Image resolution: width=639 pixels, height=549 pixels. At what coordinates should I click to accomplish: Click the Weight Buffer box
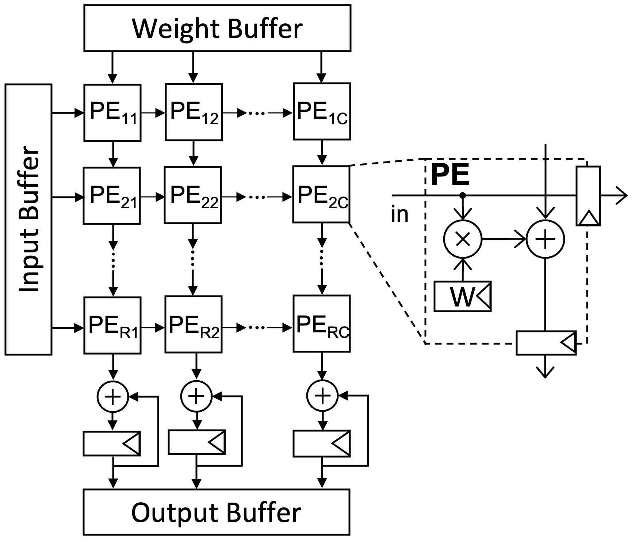pyautogui.click(x=217, y=28)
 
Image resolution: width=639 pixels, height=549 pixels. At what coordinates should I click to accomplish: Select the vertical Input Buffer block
pyautogui.click(x=28, y=219)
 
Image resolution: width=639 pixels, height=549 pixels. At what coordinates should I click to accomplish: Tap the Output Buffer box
pyautogui.click(x=217, y=512)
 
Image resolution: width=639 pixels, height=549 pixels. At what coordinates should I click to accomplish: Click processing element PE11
pyautogui.click(x=112, y=113)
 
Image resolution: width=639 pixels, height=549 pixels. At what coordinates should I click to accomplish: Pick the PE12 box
pyautogui.click(x=194, y=112)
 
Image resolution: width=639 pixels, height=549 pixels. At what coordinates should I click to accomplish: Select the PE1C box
pyautogui.click(x=322, y=111)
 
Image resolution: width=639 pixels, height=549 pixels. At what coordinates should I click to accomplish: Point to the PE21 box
pyautogui.click(x=112, y=196)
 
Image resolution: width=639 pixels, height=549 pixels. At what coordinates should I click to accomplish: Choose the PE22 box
pyautogui.click(x=193, y=195)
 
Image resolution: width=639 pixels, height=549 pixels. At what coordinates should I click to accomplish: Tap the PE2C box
pyautogui.click(x=321, y=194)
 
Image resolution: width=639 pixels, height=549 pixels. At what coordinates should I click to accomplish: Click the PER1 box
pyautogui.click(x=112, y=325)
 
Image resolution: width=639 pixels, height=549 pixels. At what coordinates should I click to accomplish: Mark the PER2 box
pyautogui.click(x=194, y=324)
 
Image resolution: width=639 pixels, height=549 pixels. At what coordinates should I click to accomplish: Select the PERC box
pyautogui.click(x=322, y=324)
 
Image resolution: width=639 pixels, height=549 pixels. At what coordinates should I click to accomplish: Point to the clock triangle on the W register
pyautogui.click(x=483, y=296)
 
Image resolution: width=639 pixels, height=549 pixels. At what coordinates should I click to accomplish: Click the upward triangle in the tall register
pyautogui.click(x=588, y=218)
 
